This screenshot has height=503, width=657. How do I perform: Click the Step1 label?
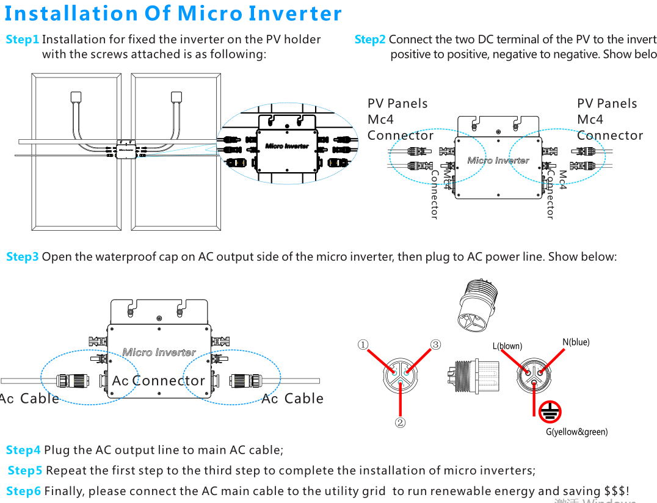pos(23,40)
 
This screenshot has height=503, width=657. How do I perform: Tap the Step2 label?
pos(370,40)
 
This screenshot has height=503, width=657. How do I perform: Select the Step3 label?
pos(23,257)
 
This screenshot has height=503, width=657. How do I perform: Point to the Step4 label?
pos(23,451)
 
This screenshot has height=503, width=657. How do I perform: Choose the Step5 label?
pos(25,471)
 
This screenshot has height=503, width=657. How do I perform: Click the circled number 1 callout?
pos(363,345)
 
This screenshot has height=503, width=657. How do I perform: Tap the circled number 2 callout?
pos(400,422)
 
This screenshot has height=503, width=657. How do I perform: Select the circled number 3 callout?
pos(435,345)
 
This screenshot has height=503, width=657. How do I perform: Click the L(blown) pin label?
pos(507,346)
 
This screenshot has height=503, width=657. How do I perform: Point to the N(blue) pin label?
pos(576,342)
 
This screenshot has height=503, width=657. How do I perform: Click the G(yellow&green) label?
pos(576,432)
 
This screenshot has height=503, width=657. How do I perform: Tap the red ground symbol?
pos(550,413)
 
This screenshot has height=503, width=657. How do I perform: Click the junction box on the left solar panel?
pos(76,96)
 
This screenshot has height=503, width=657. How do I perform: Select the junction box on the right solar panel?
pos(176,96)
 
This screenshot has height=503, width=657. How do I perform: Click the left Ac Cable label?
pos(31,399)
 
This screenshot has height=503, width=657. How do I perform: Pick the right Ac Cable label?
pos(292,399)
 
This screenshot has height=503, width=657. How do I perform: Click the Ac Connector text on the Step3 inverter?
pos(159,381)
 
